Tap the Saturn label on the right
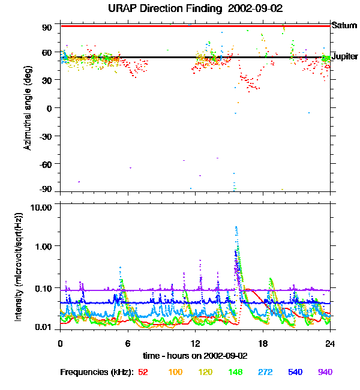click(x=344, y=26)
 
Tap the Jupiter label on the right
click(x=344, y=57)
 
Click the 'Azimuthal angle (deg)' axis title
click(x=28, y=109)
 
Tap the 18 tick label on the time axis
click(x=263, y=343)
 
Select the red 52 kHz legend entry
click(x=143, y=373)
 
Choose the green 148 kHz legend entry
click(x=235, y=373)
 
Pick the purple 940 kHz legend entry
click(x=325, y=373)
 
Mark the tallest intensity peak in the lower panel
click(x=236, y=227)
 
